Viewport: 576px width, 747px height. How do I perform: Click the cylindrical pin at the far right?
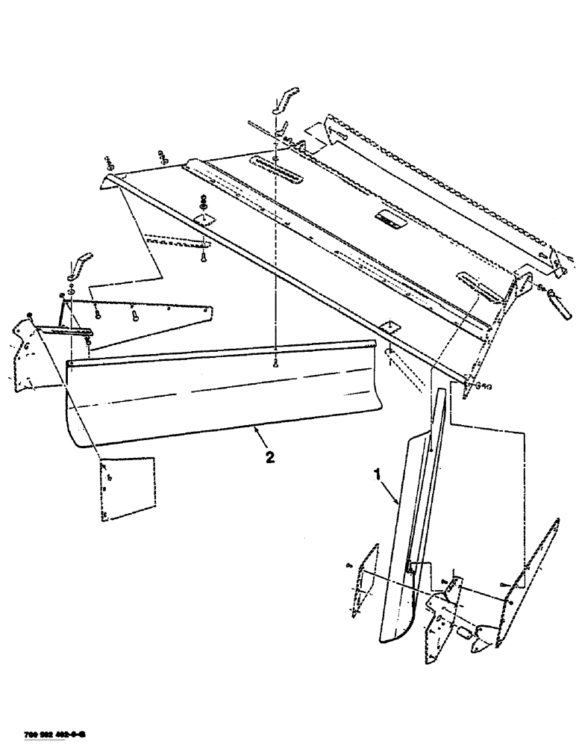(x=560, y=308)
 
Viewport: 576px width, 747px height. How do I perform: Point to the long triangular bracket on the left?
(x=149, y=317)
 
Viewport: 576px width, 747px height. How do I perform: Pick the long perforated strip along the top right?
(x=440, y=187)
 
